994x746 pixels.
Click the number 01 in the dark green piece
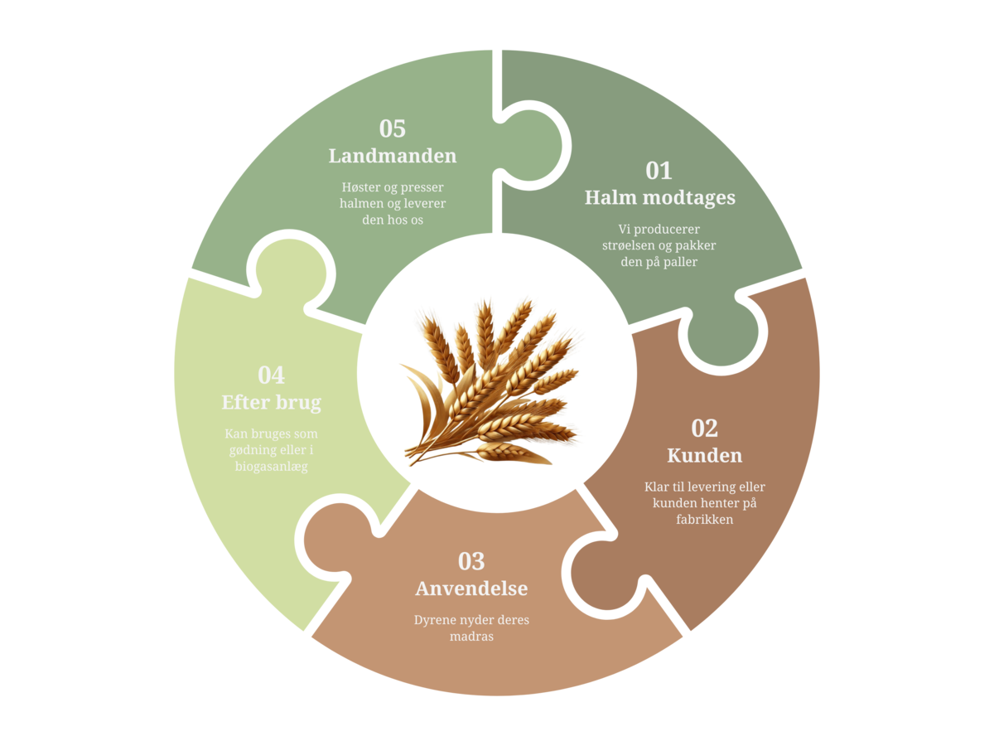pos(659,171)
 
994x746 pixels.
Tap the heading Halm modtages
pos(660,198)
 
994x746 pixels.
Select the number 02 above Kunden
pos(704,428)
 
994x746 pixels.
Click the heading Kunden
pos(705,455)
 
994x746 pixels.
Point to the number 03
pos(471,561)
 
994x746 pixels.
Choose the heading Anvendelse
pos(471,589)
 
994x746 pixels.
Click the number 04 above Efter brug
pos(271,375)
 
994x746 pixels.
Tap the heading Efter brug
pos(271,403)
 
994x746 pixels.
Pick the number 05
pos(392,128)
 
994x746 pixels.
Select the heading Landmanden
pos(392,156)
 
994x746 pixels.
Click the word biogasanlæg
pos(271,467)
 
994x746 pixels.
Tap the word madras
pos(471,637)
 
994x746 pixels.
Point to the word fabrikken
pos(705,519)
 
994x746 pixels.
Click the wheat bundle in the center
pos(491,383)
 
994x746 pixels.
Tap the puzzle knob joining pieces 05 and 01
pos(532,146)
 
